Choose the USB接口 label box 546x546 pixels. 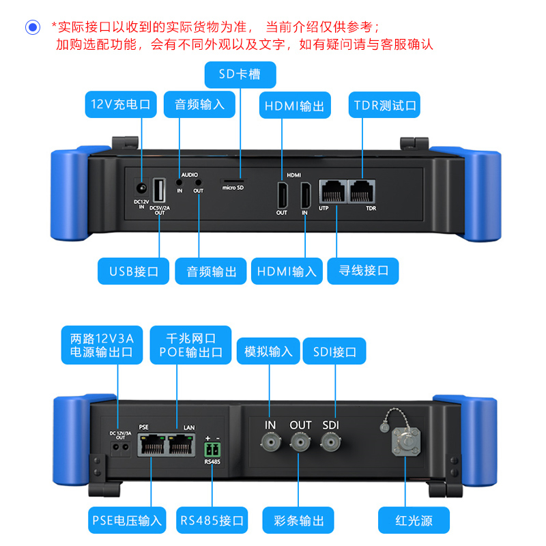tap(134, 271)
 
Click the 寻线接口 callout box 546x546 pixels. tap(363, 271)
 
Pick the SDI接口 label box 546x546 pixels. tap(334, 352)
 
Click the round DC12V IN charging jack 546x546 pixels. tap(142, 189)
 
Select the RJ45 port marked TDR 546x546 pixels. tap(361, 192)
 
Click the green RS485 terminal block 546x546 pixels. tap(212, 450)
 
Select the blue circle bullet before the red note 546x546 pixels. tap(33, 27)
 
